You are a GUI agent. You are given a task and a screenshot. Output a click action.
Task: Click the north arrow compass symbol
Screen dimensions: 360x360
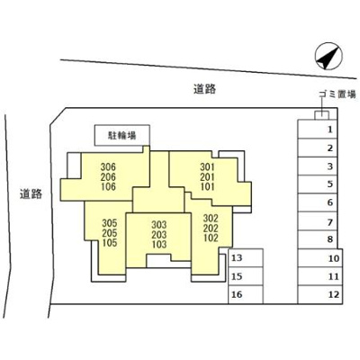tap(328, 56)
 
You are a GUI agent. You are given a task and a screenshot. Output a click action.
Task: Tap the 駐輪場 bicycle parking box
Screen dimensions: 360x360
tap(122, 135)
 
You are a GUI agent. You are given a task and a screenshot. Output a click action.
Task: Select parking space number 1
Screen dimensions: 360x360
tap(318, 130)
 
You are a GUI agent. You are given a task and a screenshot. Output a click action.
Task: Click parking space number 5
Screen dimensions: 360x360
tap(318, 184)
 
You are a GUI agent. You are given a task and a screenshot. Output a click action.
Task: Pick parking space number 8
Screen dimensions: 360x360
tap(318, 239)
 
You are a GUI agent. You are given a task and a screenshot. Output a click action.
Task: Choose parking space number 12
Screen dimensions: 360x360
tap(320, 294)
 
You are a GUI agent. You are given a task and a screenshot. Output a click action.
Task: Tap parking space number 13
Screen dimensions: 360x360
tap(246, 257)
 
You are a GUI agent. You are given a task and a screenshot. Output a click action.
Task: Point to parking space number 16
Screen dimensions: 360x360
tap(246, 294)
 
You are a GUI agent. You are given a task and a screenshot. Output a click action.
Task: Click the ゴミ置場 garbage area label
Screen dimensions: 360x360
tap(337, 94)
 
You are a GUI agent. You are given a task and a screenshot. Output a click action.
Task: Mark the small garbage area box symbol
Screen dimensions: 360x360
tap(321, 115)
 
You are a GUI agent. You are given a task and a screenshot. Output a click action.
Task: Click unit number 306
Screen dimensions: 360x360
tap(108, 166)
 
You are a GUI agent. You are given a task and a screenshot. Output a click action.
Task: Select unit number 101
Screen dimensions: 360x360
tap(208, 186)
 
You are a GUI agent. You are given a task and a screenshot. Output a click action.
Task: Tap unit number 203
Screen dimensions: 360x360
tap(159, 234)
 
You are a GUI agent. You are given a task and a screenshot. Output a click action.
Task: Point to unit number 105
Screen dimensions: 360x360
tap(110, 243)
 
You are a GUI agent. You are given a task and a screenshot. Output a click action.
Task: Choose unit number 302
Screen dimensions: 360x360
tap(211, 218)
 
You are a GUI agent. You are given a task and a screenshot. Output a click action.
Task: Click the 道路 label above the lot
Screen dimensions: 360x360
tap(204, 89)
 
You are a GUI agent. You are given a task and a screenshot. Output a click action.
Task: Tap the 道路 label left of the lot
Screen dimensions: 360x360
tap(31, 194)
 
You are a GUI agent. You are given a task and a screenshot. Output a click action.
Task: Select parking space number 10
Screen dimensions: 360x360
tap(320, 257)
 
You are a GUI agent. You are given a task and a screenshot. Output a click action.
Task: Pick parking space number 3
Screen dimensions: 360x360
tap(318, 166)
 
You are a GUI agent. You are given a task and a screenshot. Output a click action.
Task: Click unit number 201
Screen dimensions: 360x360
tap(208, 176)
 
